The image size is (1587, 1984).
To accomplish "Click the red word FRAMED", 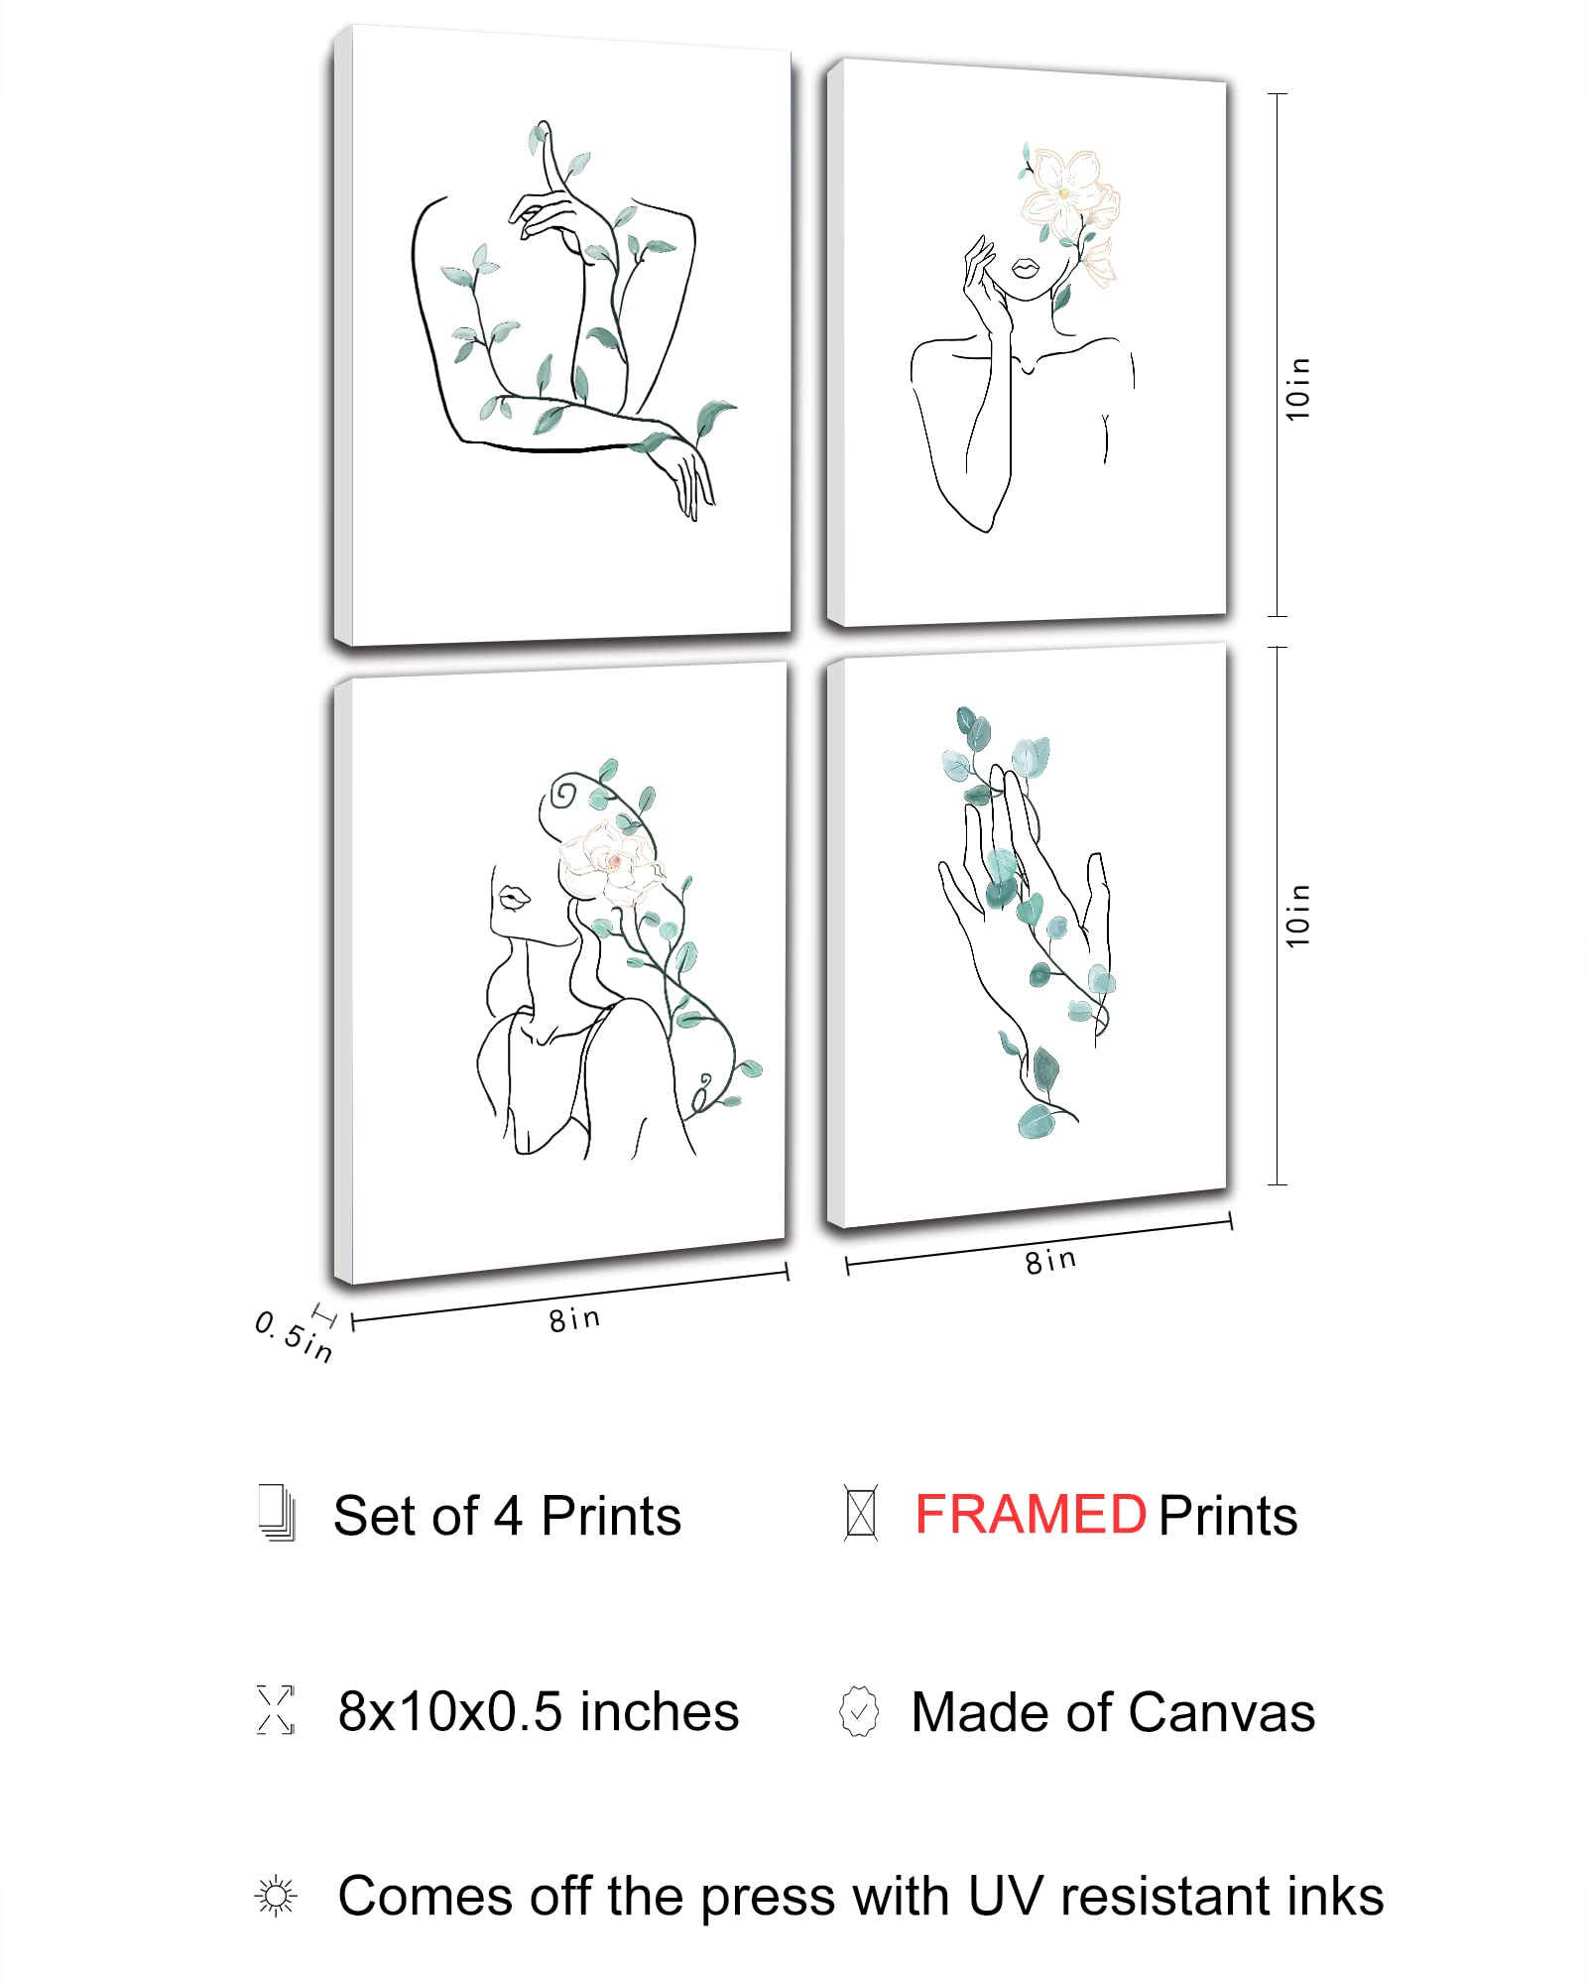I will coord(1030,1515).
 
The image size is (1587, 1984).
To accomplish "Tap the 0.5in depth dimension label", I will coord(294,1336).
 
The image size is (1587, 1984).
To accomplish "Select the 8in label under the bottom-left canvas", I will coord(575,1319).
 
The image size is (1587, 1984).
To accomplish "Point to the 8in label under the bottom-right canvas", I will coord(1050,1261).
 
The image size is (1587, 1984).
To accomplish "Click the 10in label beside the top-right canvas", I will coord(1298,389).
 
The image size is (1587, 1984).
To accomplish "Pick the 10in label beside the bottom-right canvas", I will coord(1298,915).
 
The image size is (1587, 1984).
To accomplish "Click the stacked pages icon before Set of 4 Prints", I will coord(277,1513).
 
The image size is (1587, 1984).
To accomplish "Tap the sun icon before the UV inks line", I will coord(276,1896).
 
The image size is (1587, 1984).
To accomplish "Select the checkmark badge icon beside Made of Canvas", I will coord(859,1711).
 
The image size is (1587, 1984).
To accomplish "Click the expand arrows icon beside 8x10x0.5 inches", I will coord(276,1709).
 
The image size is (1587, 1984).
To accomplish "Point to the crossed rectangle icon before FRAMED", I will coord(860,1513).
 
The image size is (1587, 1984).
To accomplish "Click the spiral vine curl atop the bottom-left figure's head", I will coord(563,794).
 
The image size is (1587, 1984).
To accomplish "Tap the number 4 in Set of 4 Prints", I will coord(508,1516).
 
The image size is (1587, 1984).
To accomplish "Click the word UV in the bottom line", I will coord(1004,1896).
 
